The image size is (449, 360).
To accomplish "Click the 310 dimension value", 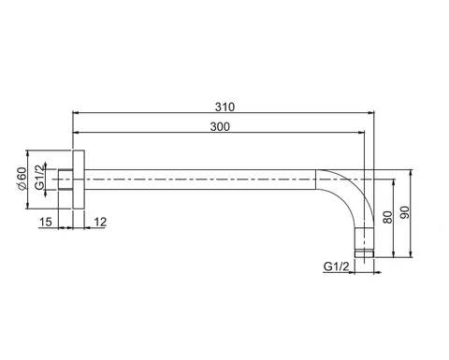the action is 224,107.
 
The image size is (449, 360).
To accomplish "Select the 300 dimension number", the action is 220,127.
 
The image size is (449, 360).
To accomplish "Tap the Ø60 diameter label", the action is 22,179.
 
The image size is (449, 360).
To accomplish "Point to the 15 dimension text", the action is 45,222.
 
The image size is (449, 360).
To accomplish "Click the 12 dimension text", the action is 100,222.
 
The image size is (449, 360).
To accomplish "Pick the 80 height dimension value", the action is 387,217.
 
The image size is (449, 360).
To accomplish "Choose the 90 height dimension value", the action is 404,212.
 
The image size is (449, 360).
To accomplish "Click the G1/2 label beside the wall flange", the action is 39,178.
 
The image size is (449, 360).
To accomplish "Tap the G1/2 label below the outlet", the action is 336,266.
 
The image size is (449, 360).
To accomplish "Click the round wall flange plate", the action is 79,180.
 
